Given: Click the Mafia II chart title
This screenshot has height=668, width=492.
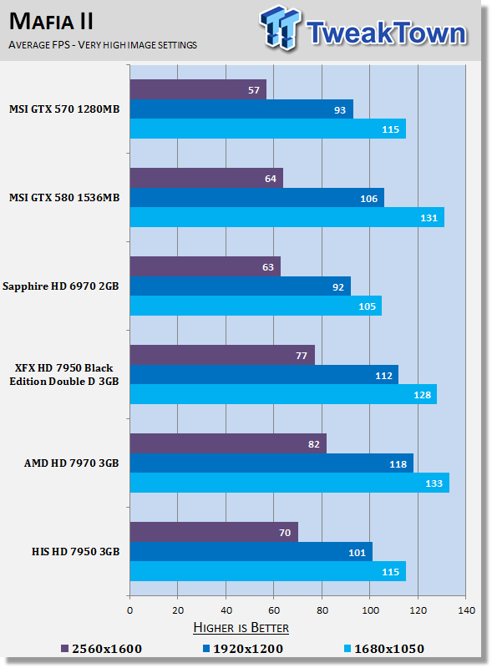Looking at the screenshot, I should (x=52, y=19).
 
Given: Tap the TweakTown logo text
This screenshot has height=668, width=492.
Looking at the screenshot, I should (x=385, y=33).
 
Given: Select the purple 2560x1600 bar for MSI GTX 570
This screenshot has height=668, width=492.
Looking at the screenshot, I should (x=198, y=89).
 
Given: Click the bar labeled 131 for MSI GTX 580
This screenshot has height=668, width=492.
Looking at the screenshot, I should (x=287, y=217).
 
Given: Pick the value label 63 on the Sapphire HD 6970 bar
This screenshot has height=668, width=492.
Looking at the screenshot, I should (x=266, y=266).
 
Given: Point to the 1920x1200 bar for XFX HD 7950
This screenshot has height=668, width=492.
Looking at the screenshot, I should (x=263, y=374).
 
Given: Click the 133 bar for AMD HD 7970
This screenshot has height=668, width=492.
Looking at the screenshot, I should (x=289, y=483).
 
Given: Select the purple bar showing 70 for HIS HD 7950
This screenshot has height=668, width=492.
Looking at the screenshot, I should (x=214, y=532).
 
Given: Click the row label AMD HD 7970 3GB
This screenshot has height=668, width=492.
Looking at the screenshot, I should (x=73, y=463).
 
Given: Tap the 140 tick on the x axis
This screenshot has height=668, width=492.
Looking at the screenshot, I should (x=466, y=610).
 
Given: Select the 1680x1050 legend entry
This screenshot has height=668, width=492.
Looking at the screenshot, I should (x=385, y=649).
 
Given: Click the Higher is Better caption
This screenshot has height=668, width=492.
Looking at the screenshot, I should (x=241, y=627).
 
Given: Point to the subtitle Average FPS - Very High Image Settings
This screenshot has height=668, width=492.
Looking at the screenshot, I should (x=103, y=44).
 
